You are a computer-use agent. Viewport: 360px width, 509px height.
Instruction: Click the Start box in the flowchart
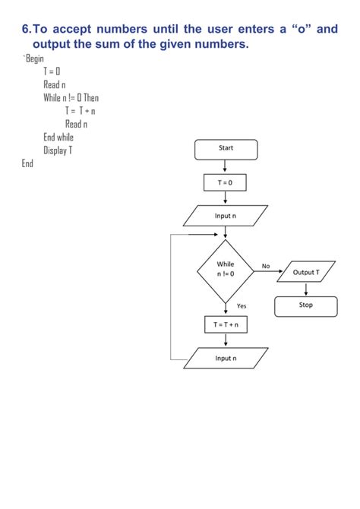coord(226,149)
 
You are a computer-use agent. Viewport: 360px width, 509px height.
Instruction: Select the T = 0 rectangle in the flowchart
coord(226,183)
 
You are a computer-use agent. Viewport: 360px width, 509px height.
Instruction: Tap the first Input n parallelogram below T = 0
coord(226,216)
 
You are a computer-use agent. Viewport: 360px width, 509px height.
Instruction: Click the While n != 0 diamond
coord(226,269)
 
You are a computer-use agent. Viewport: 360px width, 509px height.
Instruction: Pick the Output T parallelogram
coord(306,272)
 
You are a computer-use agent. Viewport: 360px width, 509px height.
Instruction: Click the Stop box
coord(305,305)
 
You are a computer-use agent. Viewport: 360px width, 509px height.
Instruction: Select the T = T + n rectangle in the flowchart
coord(226,325)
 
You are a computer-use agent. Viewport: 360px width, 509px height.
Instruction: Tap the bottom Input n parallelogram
coord(226,358)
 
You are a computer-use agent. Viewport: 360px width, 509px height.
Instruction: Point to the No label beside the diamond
coord(266,266)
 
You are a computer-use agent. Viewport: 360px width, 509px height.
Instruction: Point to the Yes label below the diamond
coord(242,305)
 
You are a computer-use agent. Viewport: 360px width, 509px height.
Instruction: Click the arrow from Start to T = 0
coord(226,167)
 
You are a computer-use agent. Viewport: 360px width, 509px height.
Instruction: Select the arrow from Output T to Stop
coord(305,289)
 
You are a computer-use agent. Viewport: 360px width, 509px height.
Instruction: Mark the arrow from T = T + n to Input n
coord(226,340)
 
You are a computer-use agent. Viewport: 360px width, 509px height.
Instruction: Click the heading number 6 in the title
coord(26,30)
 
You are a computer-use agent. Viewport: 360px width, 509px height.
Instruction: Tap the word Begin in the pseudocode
coord(35,58)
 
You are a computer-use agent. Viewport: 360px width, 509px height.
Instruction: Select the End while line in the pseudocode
coord(58,137)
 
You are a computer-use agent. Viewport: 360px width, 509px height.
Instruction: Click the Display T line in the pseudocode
coord(58,150)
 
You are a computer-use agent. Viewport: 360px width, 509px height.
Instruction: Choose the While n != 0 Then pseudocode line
coord(71,98)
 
